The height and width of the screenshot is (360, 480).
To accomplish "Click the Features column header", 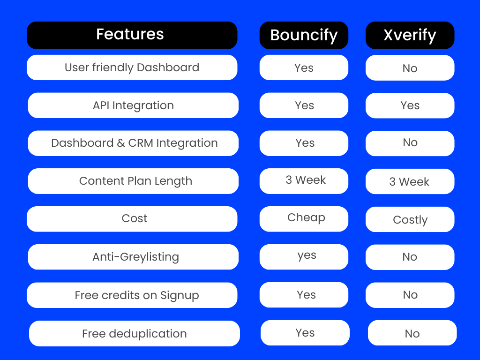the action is (x=132, y=35).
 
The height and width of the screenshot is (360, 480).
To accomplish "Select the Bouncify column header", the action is (x=304, y=35).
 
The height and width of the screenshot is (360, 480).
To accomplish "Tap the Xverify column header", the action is (x=410, y=35).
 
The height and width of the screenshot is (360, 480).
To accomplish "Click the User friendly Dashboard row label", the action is (x=132, y=67).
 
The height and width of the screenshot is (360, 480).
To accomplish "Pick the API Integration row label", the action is (x=133, y=105).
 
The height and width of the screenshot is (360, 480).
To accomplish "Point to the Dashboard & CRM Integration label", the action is (x=133, y=143).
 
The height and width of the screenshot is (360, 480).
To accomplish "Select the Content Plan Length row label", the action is (x=133, y=181).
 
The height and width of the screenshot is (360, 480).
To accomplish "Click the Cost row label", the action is (x=132, y=219).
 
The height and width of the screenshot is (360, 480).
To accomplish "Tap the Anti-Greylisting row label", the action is (x=133, y=257).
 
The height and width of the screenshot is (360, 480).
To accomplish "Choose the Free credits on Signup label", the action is (x=132, y=295).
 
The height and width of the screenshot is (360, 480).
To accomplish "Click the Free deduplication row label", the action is (x=135, y=333).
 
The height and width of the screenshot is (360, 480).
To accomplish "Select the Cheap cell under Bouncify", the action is (x=304, y=219).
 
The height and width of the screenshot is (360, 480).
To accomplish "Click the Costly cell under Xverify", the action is (x=410, y=219).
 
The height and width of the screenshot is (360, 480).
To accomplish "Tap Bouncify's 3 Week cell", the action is (x=304, y=181).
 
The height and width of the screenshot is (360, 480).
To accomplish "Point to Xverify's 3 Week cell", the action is (x=410, y=181).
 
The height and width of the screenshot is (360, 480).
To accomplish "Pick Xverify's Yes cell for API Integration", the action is (x=410, y=105).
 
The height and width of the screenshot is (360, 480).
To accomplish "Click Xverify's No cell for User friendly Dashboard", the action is (x=410, y=67).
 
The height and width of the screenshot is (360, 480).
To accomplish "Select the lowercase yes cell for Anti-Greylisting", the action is (x=304, y=257).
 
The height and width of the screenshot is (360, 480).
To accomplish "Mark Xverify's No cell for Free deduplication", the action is (x=412, y=333).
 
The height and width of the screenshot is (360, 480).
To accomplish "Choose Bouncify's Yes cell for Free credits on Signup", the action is (x=304, y=295).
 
